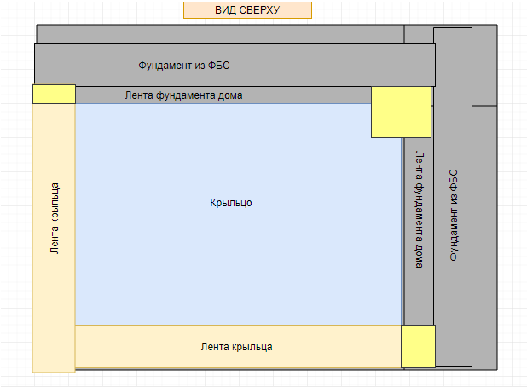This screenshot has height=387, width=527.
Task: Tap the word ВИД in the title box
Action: point(226,10)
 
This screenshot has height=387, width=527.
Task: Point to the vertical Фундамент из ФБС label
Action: point(454,215)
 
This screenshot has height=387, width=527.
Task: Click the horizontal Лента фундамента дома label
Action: point(183,95)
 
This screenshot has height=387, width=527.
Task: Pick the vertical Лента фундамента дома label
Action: point(419,210)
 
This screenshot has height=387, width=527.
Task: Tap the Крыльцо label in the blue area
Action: point(231,203)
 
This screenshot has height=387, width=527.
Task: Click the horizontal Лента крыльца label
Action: point(236,347)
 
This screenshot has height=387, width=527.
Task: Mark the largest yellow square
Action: point(401,112)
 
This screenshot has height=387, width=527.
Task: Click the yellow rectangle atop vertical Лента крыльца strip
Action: point(54,94)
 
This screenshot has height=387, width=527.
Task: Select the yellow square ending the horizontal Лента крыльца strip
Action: point(418,346)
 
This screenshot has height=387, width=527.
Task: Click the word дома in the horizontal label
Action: point(229,95)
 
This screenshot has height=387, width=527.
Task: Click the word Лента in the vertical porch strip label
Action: point(55,240)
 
